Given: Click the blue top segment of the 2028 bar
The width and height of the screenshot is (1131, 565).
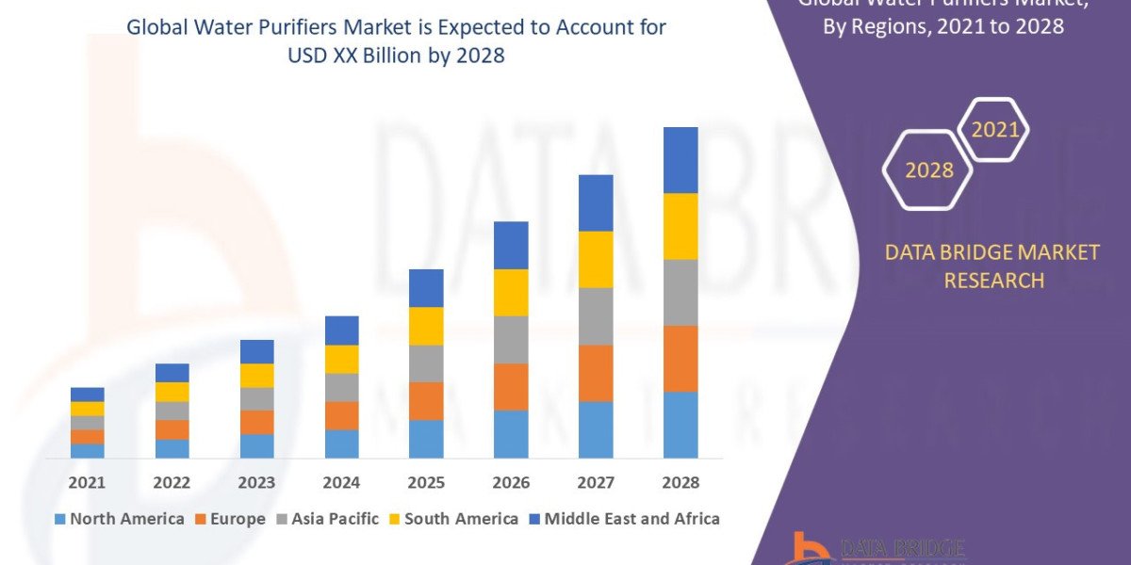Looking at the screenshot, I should tap(680, 160).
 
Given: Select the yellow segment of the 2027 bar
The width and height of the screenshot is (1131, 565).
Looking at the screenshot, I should tap(596, 259).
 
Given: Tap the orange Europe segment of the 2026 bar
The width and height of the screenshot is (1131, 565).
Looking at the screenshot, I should tap(511, 386).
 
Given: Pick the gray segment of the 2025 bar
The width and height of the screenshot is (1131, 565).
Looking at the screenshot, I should tap(426, 363).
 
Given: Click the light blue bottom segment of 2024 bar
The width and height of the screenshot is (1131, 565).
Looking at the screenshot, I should tap(341, 444).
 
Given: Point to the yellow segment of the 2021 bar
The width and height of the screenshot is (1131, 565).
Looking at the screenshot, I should tap(88, 409).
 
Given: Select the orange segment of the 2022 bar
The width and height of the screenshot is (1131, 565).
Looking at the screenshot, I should tap(172, 429).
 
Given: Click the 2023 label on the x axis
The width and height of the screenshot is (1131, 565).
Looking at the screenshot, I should tap(256, 482).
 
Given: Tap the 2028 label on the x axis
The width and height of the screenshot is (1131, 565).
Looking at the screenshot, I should tap(680, 482).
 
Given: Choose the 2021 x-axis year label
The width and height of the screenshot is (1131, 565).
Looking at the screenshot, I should tap(88, 482).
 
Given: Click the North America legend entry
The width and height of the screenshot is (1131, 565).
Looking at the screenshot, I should tap(120, 519).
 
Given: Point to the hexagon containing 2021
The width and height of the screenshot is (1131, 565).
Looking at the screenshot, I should tap(994, 130).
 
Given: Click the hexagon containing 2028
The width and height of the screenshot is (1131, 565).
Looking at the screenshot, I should tap(928, 170).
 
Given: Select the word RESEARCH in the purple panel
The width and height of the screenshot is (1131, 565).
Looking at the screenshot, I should tap(993, 281).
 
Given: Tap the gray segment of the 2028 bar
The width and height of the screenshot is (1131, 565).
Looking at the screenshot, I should tap(680, 292).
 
